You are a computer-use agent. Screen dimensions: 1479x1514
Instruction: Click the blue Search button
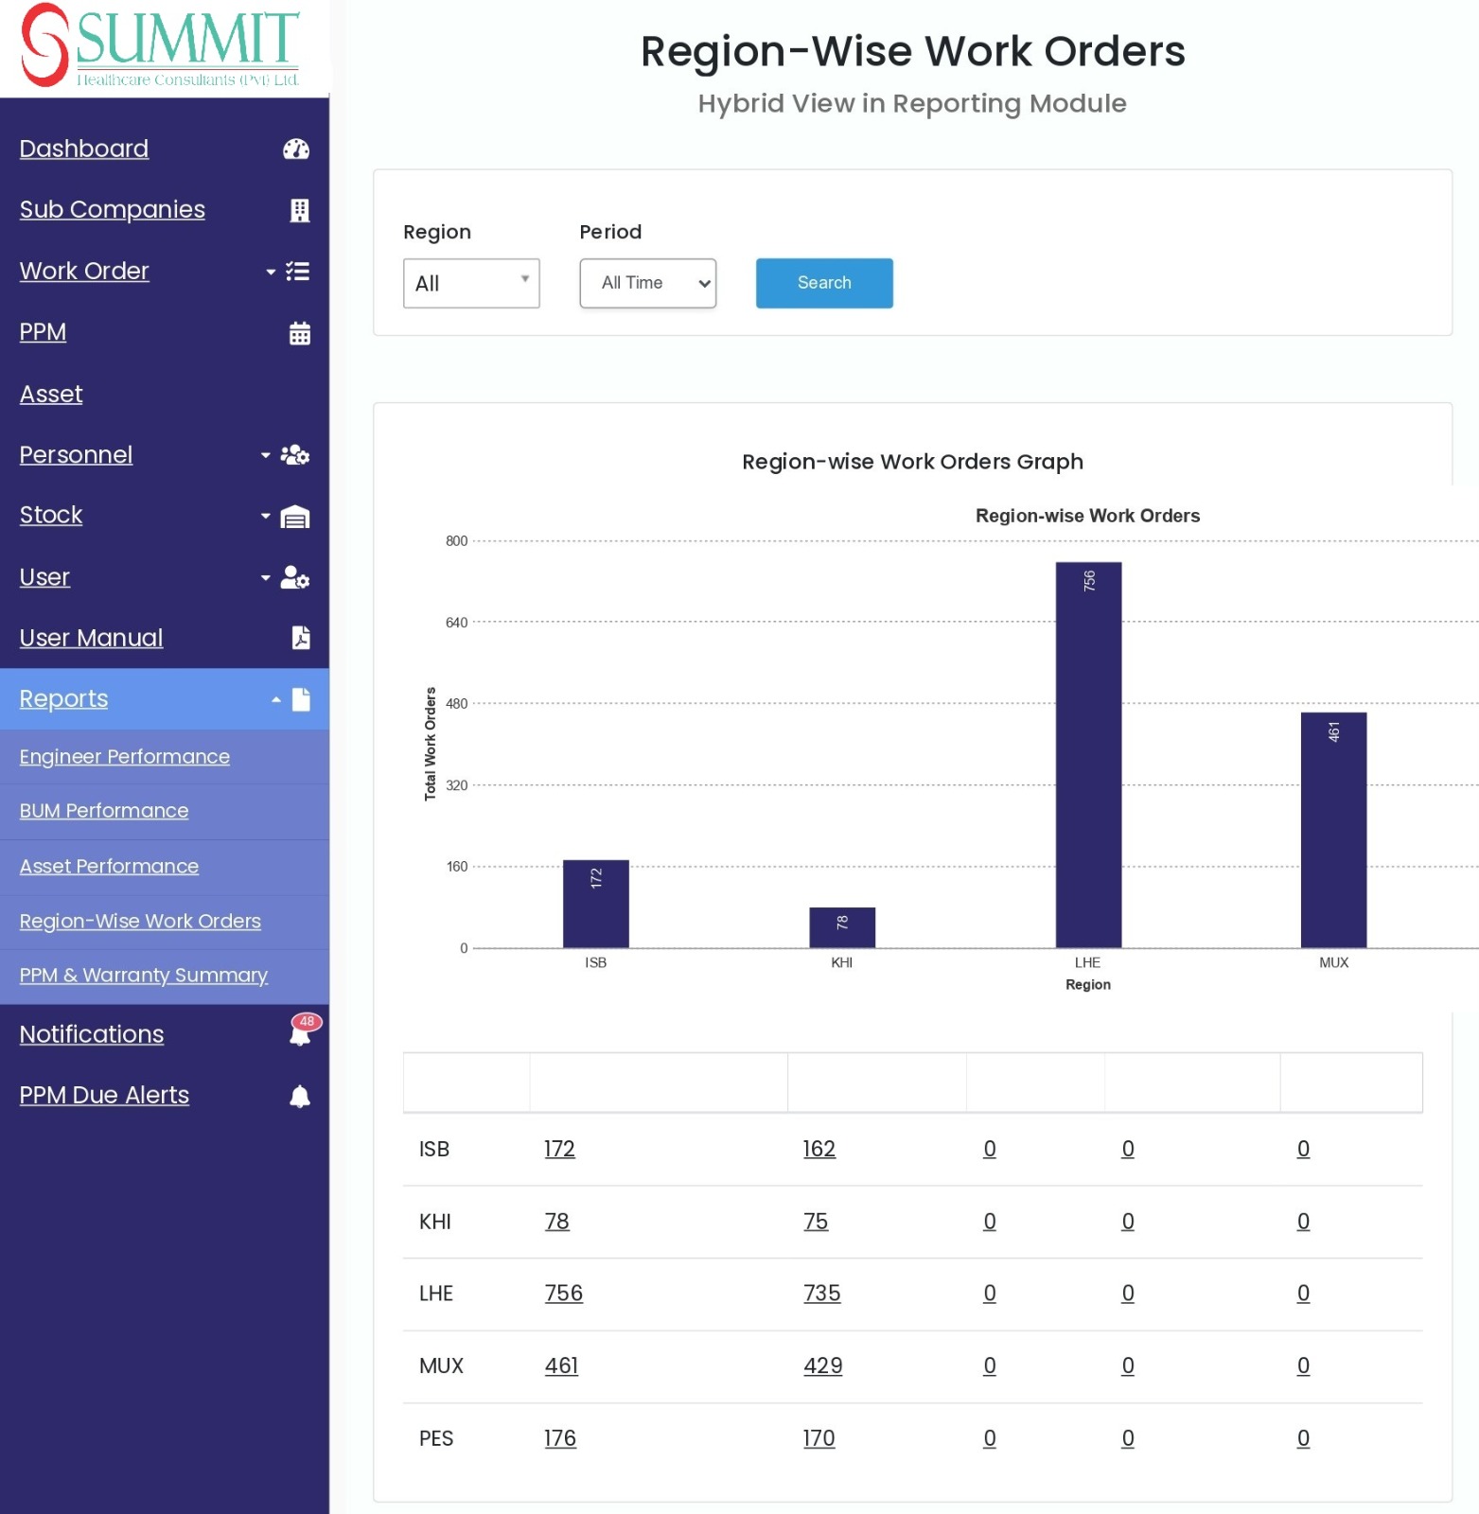click(824, 283)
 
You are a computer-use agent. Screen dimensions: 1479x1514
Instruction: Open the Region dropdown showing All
click(471, 283)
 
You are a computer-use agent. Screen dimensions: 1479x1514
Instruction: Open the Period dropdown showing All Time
click(648, 283)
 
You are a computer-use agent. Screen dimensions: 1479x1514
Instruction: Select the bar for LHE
click(1088, 755)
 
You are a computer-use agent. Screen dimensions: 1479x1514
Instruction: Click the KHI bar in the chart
click(842, 927)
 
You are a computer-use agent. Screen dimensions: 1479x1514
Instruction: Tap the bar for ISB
click(596, 904)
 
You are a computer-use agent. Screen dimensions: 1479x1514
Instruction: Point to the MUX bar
click(1333, 830)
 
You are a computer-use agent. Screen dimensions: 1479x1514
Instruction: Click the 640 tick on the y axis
click(457, 623)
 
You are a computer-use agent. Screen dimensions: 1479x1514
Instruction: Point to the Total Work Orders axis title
click(431, 744)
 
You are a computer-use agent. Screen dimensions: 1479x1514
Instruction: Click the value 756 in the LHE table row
click(564, 1294)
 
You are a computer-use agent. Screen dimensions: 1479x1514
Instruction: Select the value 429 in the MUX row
click(823, 1365)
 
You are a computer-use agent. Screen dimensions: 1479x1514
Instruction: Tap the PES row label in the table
click(436, 1438)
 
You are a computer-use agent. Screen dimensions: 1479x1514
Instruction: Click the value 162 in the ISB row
click(819, 1149)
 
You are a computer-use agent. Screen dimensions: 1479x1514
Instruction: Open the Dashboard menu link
click(84, 149)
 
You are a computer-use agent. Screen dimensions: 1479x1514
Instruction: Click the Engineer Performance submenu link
click(125, 757)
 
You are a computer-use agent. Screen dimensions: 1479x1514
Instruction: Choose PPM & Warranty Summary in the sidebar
click(144, 976)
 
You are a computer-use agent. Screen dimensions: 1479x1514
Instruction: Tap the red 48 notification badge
click(307, 1022)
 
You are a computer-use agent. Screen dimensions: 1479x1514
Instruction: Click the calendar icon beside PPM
click(300, 333)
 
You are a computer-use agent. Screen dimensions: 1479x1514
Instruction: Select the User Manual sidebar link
click(92, 638)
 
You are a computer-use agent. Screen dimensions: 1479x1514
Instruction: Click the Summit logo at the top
click(161, 45)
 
